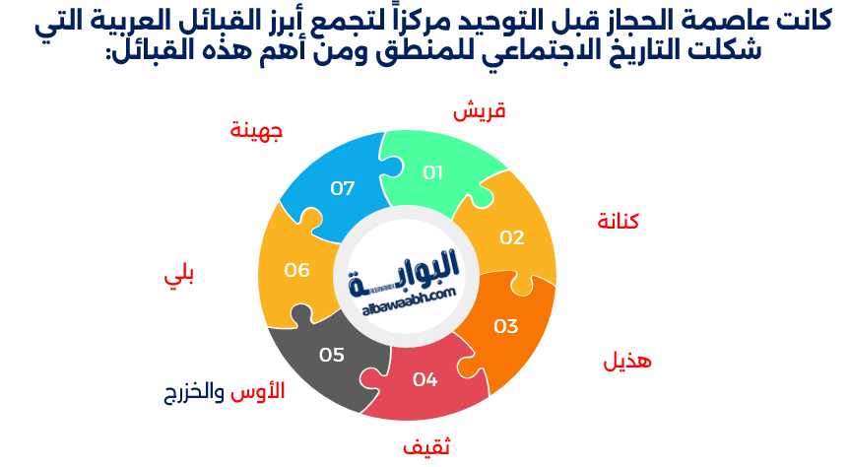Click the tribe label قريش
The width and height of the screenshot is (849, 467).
479,111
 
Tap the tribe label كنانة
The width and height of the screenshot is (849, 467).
619,221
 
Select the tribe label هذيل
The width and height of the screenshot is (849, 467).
627,362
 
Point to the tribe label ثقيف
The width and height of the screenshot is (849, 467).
426,446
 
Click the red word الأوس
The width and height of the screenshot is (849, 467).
258,391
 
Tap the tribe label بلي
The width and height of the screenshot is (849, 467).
178,277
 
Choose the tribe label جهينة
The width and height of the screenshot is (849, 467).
256,130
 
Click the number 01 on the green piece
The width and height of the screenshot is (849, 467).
433,172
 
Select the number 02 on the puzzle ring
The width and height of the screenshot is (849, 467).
512,237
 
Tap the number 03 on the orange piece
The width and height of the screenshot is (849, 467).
506,326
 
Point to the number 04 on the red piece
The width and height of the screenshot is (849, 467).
424,378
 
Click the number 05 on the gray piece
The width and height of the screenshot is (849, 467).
332,355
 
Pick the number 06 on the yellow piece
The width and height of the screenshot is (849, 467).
297,269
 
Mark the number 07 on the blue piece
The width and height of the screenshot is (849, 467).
343,187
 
